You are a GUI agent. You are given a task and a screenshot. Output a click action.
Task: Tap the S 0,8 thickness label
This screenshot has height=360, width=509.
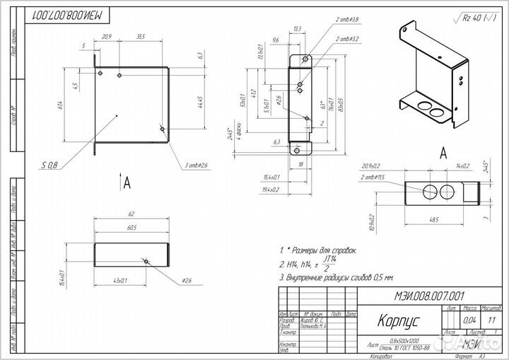tap(49, 165)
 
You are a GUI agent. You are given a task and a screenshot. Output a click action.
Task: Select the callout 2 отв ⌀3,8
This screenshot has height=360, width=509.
tap(346, 19)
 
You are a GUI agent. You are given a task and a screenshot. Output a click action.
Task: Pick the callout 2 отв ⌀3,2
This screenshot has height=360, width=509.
tap(346, 39)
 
